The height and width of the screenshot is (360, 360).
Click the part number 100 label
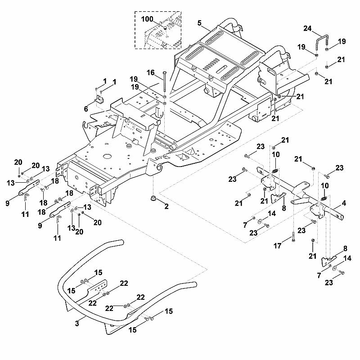click(x=147, y=19)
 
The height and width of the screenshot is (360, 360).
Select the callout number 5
click(x=199, y=23)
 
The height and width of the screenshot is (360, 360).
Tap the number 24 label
click(x=307, y=28)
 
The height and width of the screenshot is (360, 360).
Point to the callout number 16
click(x=150, y=73)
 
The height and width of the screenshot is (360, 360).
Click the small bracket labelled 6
click(x=99, y=99)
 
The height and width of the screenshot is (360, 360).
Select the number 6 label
click(x=86, y=109)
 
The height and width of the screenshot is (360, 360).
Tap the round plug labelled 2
click(x=153, y=198)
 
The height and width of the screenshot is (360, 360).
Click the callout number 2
click(x=166, y=207)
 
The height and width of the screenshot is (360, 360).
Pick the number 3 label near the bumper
click(x=77, y=324)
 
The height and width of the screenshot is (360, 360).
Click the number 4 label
click(x=344, y=203)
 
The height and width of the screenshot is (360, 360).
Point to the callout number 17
click(x=277, y=246)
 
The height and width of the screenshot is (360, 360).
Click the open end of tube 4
click(x=341, y=217)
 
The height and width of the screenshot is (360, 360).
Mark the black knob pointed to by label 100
click(x=165, y=28)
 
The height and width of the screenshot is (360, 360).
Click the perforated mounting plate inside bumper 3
click(x=97, y=287)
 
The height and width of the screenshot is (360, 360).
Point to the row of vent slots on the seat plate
click(x=211, y=64)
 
